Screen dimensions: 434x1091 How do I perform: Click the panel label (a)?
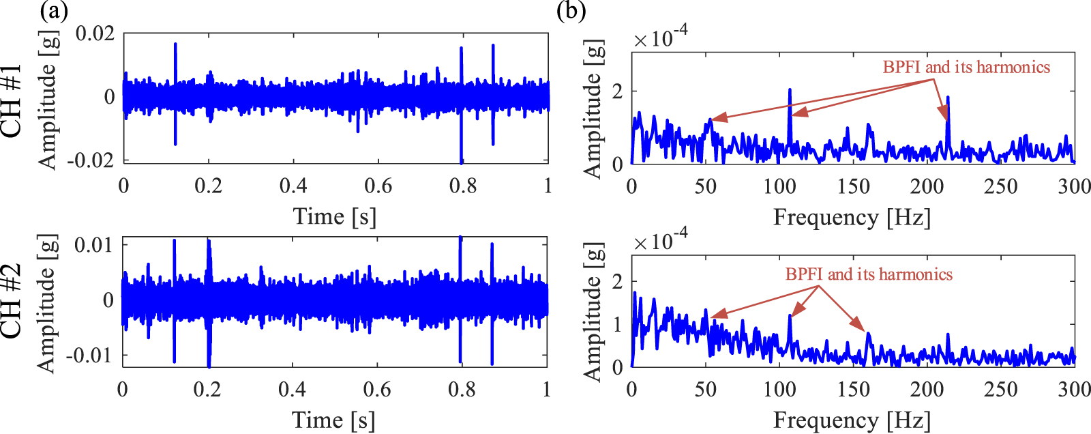pyautogui.click(x=54, y=12)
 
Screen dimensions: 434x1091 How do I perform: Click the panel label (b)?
pyautogui.click(x=571, y=12)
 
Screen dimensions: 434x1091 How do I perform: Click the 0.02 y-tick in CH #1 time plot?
pyautogui.click(x=95, y=33)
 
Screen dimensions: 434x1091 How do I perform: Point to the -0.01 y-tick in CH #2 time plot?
pyautogui.click(x=89, y=355)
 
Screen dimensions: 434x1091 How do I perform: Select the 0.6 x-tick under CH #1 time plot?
pyautogui.click(x=378, y=186)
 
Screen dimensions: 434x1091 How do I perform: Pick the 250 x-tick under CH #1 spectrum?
pyautogui.click(x=1000, y=186)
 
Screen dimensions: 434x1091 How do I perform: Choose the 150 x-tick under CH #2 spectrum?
pyautogui.click(x=853, y=389)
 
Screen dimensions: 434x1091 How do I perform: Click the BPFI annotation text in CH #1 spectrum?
pyautogui.click(x=966, y=67)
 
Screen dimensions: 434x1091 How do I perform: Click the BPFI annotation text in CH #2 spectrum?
pyautogui.click(x=868, y=274)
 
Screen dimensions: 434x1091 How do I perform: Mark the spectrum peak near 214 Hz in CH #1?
pyautogui.click(x=948, y=98)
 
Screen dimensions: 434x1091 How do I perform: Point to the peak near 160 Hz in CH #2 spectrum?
pyautogui.click(x=868, y=333)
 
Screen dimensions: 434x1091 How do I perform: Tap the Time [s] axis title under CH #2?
pyautogui.click(x=333, y=419)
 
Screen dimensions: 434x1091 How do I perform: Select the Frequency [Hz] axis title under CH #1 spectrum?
pyautogui.click(x=852, y=217)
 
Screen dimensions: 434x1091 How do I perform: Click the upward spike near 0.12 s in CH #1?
pyautogui.click(x=175, y=45)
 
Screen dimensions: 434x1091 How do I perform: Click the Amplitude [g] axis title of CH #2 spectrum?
pyautogui.click(x=593, y=311)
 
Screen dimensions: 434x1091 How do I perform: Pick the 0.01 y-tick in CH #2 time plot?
pyautogui.click(x=94, y=244)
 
